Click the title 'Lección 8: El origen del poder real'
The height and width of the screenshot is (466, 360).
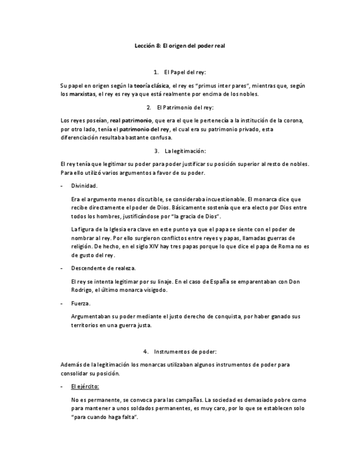tap(180, 47)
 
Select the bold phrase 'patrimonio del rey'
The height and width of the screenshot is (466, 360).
tap(145, 129)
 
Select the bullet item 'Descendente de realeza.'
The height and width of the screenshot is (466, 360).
tap(103, 268)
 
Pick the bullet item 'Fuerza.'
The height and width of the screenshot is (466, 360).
tap(81, 303)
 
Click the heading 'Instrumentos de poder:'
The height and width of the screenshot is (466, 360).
tap(185, 351)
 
